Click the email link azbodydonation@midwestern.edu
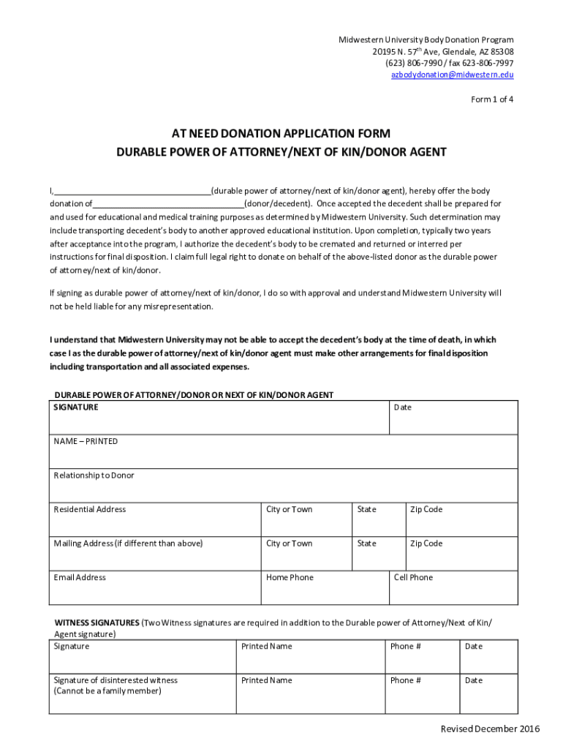[452, 75]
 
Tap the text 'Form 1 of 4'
[491, 99]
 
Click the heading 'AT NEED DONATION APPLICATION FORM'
[281, 134]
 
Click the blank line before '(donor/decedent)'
[168, 204]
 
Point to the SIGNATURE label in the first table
[76, 407]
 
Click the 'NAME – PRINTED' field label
[86, 442]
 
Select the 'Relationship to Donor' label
[94, 475]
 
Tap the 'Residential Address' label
[89, 510]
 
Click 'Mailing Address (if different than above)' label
[128, 543]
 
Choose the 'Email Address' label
[80, 578]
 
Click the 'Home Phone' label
[290, 578]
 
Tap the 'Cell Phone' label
[413, 578]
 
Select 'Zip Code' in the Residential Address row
[426, 510]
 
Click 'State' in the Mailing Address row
[366, 543]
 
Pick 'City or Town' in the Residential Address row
[289, 510]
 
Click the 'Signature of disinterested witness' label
[116, 680]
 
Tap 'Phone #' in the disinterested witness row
[405, 680]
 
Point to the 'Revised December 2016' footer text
[489, 729]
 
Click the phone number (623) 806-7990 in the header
[412, 64]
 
